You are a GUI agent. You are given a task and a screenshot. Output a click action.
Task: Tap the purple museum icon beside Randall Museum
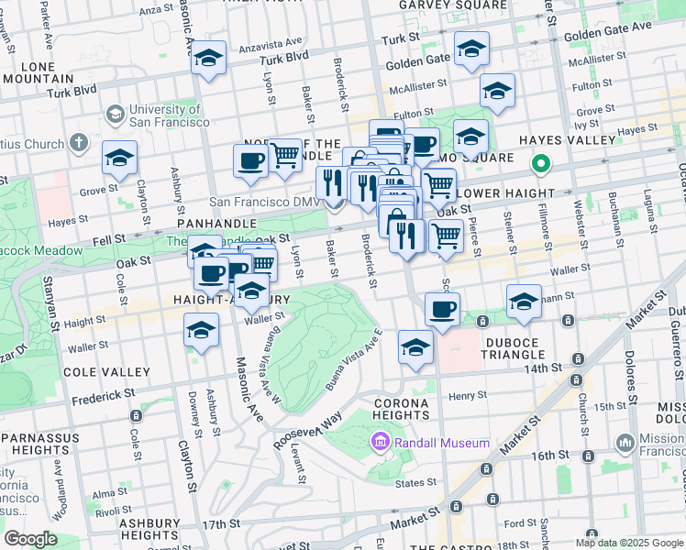(x=380, y=444)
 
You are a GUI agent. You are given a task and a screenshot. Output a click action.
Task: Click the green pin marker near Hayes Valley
(x=541, y=166)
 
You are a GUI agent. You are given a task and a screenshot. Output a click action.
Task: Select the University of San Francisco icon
(x=116, y=115)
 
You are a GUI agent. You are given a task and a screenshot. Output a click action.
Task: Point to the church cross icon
(x=78, y=144)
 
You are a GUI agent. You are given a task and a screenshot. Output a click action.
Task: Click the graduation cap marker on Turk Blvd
(x=209, y=59)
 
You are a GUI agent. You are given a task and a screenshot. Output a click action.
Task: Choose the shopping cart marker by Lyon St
(x=284, y=155)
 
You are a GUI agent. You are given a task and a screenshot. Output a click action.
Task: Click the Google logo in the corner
(x=30, y=539)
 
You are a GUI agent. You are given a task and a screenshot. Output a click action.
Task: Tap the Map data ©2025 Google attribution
(x=628, y=543)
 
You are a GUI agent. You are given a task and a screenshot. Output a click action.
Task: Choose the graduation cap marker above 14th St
(x=415, y=347)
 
